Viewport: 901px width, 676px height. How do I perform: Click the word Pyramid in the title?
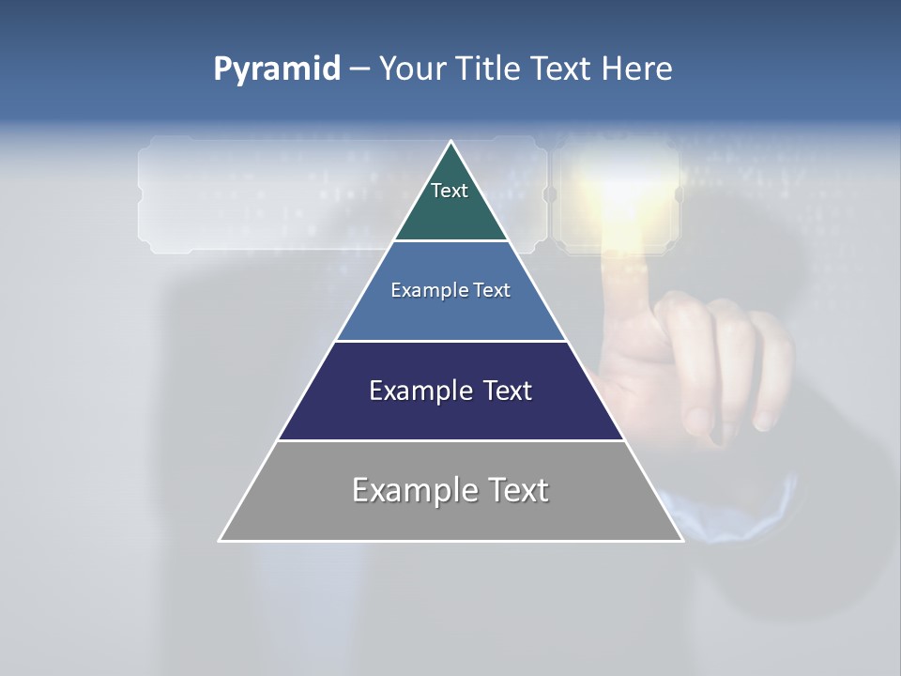click(x=277, y=69)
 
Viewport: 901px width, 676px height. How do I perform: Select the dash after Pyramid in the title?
click(x=359, y=69)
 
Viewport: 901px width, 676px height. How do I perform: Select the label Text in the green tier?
click(x=450, y=191)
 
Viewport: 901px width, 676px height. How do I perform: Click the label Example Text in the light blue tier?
click(x=450, y=290)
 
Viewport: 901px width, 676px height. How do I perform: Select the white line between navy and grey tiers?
click(x=450, y=440)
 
